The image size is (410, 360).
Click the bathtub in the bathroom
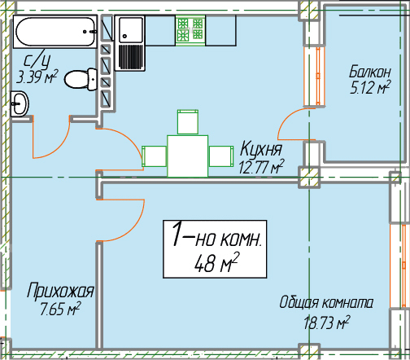pos(55,32)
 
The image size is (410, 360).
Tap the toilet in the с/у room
pos(81,79)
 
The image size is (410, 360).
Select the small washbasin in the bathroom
pos(20,103)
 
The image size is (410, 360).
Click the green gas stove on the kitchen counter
pos(190,30)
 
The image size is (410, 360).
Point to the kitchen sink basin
pos(131,30)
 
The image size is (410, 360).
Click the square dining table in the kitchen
pos(188,156)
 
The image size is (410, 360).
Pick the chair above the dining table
pos(188,121)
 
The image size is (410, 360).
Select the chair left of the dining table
pos(154,156)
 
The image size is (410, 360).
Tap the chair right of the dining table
pos(221,156)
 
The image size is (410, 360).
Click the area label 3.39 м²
pos(37,77)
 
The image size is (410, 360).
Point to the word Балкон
pos(370,72)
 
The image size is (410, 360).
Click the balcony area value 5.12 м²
pos(370,87)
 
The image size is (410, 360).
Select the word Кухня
pos(261,148)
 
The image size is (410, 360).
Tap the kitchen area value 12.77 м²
pos(261,166)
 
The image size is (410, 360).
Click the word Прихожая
pos(60,291)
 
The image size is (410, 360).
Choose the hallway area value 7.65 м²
pos(60,309)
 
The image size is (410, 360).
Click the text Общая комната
pos(326,302)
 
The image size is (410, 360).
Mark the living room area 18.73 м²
pos(326,323)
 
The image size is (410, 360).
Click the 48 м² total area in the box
pos(216,262)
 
